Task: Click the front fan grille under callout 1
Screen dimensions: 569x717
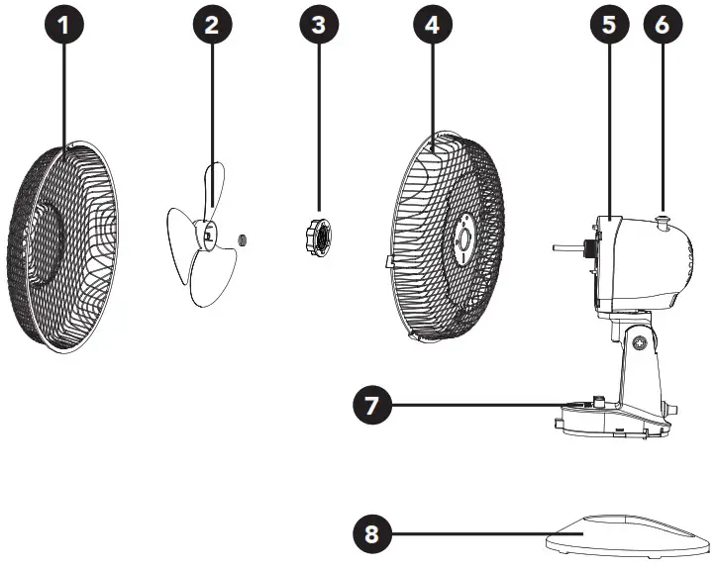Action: tap(67, 247)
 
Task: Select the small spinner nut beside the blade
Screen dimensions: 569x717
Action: tap(244, 239)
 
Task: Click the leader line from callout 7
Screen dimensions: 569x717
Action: tap(475, 404)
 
